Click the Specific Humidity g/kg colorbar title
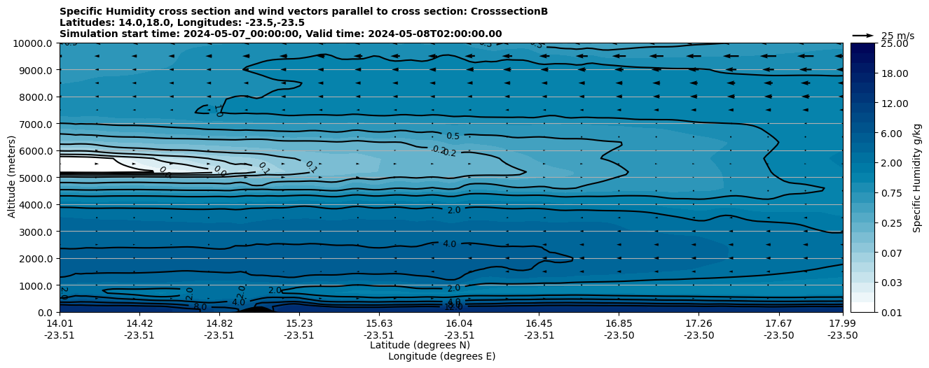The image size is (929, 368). point(918,178)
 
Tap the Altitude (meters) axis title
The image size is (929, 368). point(12,178)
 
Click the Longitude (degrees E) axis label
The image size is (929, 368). point(441,356)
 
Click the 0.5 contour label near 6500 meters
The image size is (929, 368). point(453,136)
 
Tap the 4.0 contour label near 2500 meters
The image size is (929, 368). point(449,244)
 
